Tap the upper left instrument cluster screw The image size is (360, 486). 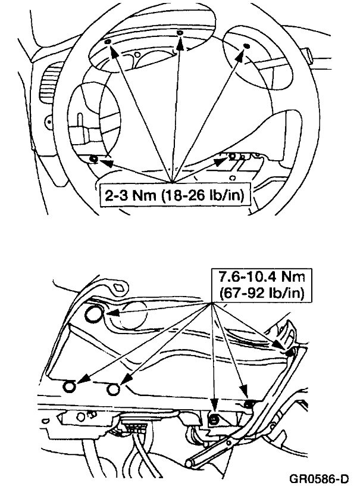pos(106,43)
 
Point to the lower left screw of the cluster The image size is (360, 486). pos(93,158)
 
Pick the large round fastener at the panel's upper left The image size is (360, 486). pos(94,314)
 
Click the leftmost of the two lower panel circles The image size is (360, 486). pos(70,387)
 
